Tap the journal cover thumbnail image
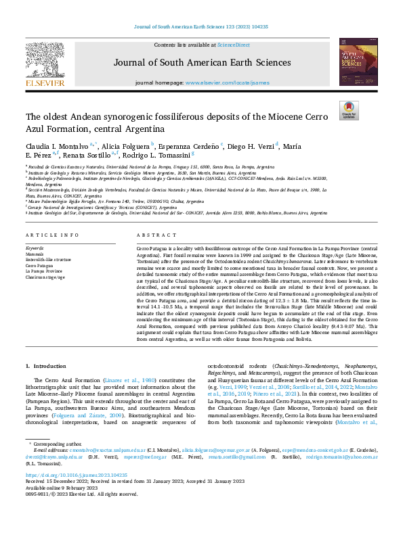(357, 62)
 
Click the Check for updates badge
(349, 110)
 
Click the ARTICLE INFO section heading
(47, 235)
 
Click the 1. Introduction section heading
(45, 366)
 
